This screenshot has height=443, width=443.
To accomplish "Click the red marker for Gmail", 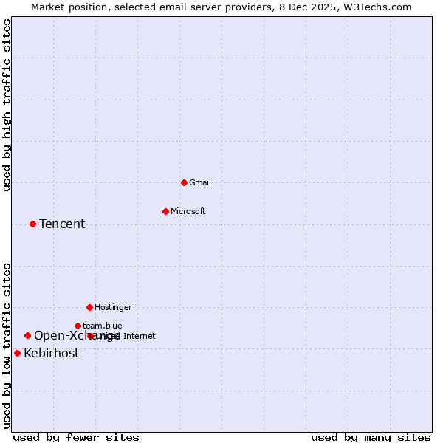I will pos(184,182).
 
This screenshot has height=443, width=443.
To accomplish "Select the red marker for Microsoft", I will pos(165,211).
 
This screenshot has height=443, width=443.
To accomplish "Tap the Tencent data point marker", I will pos(32,224).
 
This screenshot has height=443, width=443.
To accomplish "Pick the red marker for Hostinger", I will pos(89,307).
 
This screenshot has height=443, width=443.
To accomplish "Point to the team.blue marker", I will pos(78,326).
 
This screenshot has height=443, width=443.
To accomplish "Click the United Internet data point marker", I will pos(90,336).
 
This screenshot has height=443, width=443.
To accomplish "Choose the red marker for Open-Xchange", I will pos(27,335).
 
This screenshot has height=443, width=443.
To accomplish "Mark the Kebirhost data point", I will pos(17,353).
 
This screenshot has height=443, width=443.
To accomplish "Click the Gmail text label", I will pos(200,182).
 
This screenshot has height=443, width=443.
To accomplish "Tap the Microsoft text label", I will pos(188,211).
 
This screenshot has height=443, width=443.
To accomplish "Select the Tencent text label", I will pos(62,224).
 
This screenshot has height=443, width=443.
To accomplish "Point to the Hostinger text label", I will pos(113,307).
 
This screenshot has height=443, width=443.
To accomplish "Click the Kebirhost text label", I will pos(51,354).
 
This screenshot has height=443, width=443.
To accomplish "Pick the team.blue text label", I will pos(103,326).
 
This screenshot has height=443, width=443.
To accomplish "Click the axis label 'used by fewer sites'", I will pos(76,437).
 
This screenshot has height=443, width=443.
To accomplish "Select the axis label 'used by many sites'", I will pos(371,437).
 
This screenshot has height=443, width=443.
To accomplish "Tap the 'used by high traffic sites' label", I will pos(7,105).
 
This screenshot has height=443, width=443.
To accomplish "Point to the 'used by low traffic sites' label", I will pos(7,345).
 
